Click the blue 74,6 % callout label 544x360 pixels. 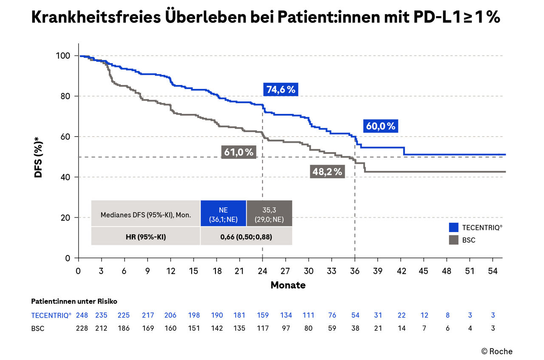(x=280, y=90)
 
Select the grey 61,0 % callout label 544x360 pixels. (x=238, y=152)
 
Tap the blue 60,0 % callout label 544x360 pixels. (x=380, y=126)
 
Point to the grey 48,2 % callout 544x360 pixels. (x=327, y=171)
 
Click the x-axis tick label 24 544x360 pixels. (x=262, y=271)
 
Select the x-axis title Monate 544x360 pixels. (x=288, y=285)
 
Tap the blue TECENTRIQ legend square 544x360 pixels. (x=454, y=227)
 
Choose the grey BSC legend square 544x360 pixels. (x=454, y=240)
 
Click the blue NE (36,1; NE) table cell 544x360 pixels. (x=223, y=213)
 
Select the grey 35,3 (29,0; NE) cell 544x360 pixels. (x=269, y=213)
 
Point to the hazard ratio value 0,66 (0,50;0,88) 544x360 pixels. (x=246, y=236)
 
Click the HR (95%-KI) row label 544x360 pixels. (x=146, y=236)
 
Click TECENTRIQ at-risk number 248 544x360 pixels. (x=82, y=315)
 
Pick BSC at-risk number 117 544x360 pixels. (x=262, y=328)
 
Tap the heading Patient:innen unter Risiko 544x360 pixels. (x=74, y=301)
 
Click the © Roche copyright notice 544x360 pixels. (x=497, y=351)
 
